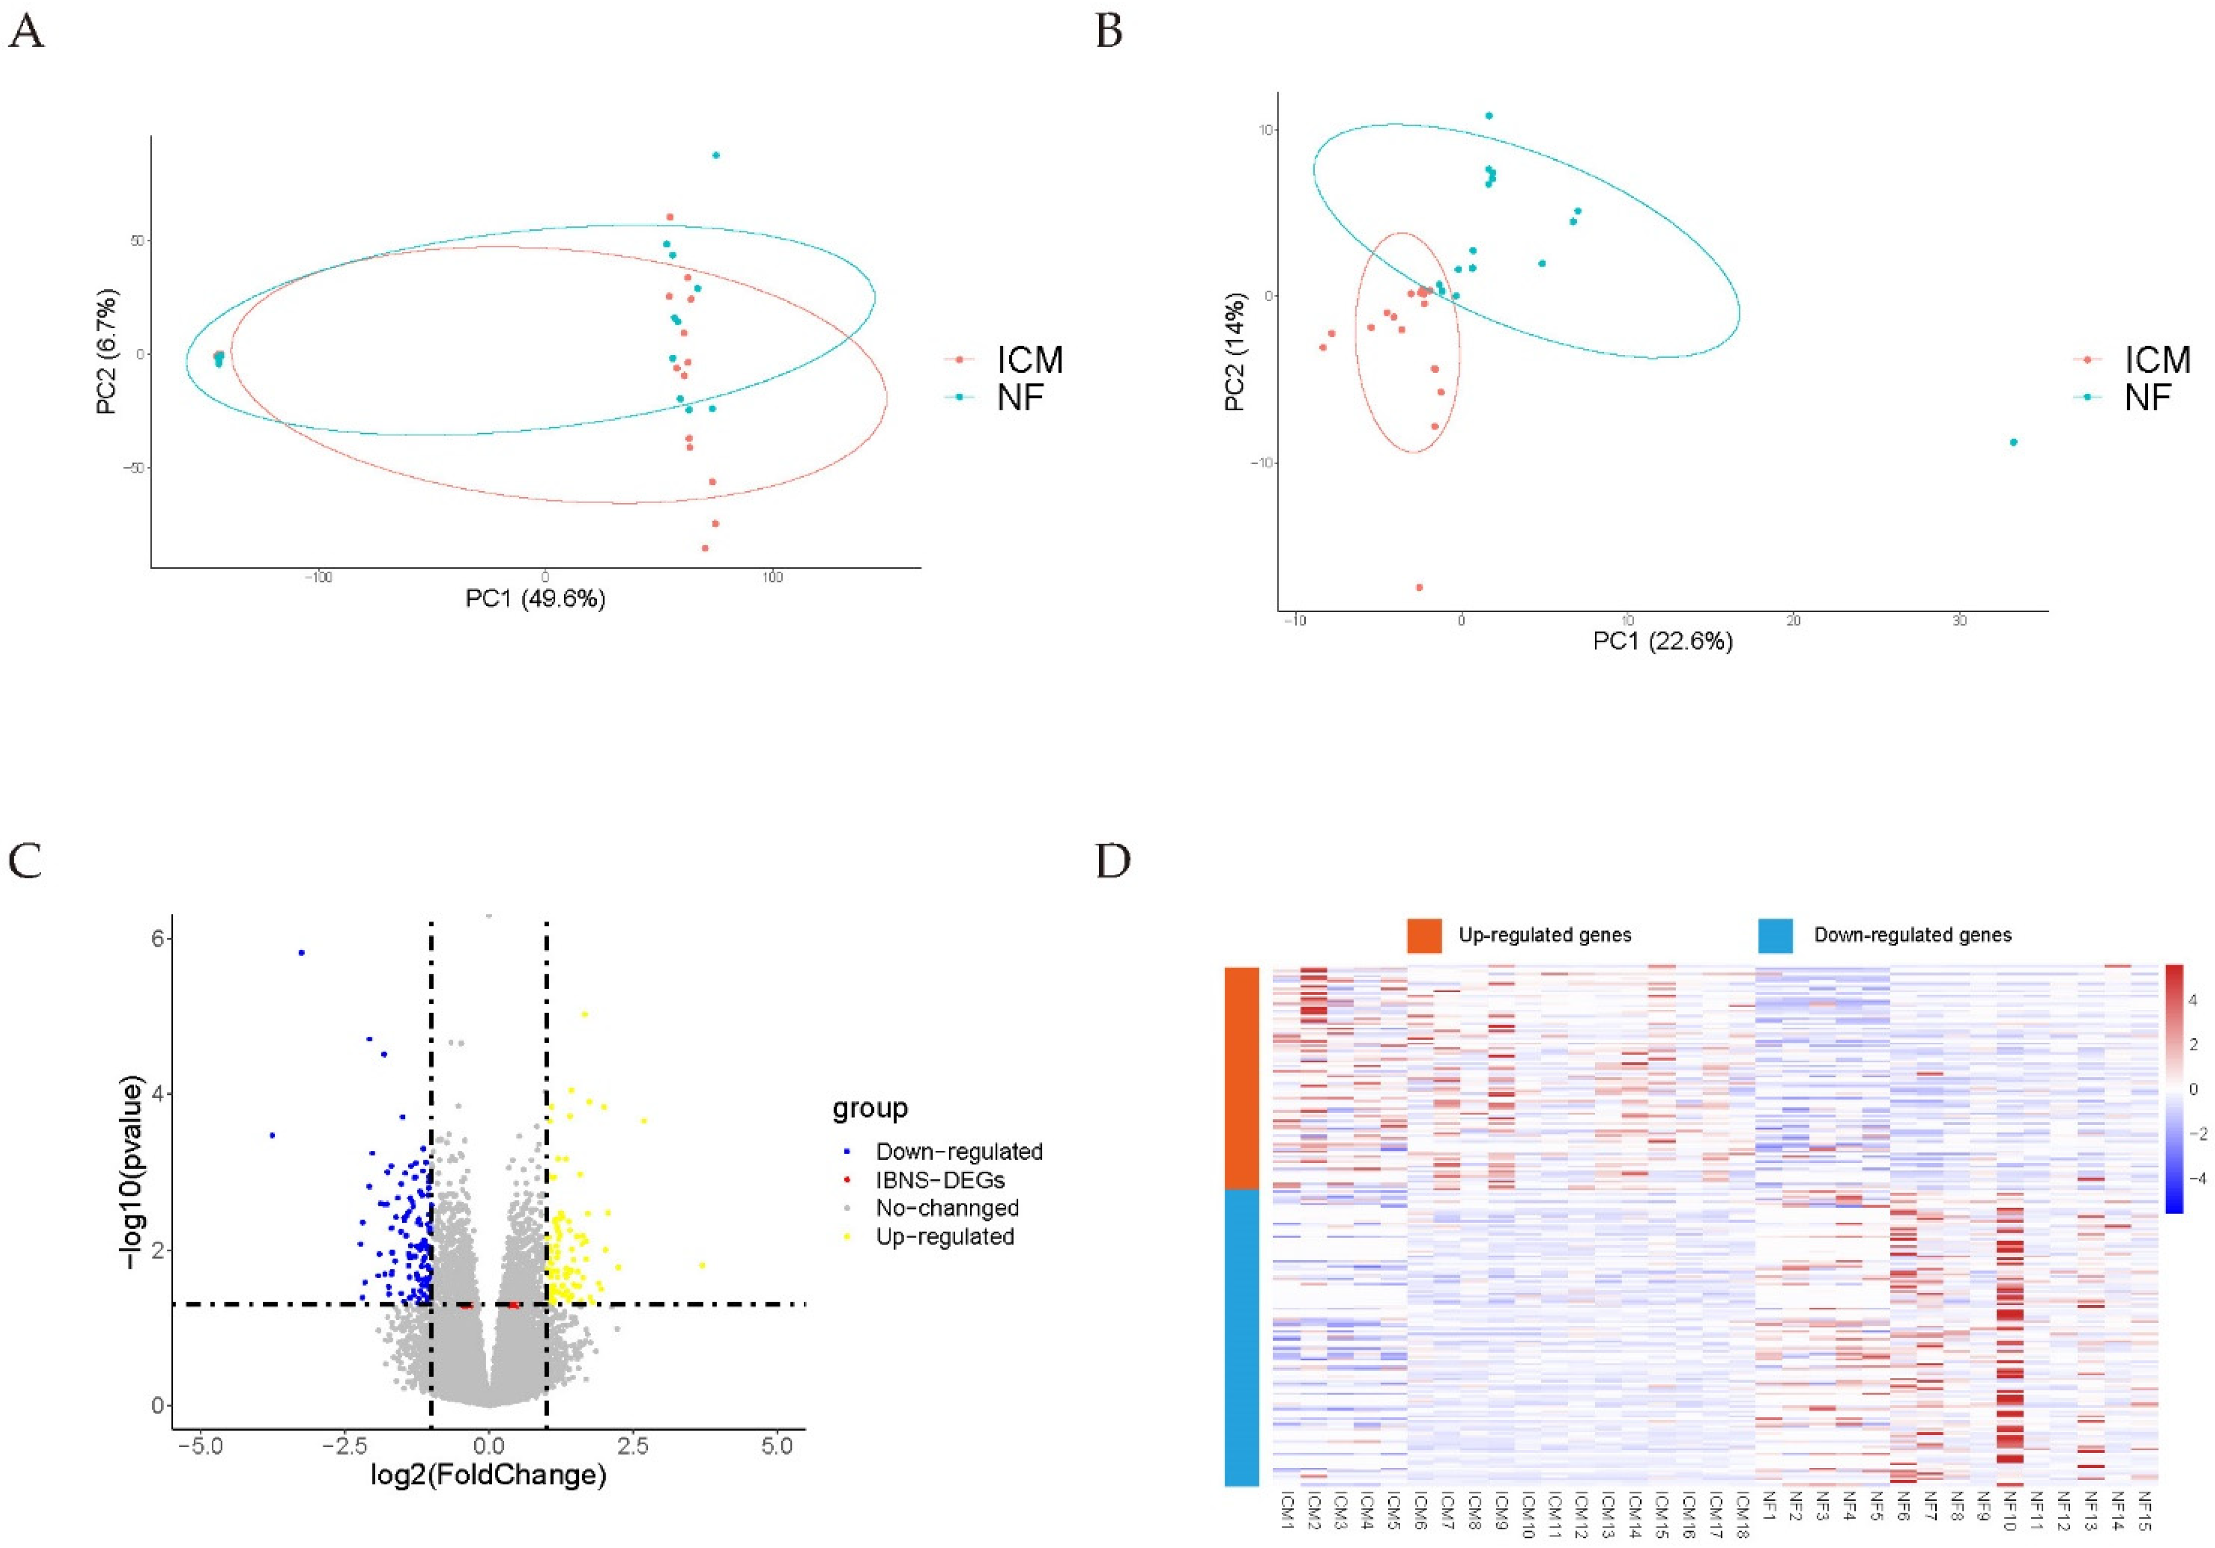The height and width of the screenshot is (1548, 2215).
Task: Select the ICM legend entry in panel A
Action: point(1028,360)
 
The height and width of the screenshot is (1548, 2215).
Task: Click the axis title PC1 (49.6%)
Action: point(536,599)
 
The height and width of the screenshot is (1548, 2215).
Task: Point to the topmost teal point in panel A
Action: point(716,155)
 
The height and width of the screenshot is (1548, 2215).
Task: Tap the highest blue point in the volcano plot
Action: point(302,953)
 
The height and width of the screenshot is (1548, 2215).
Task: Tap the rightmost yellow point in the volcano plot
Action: point(702,1264)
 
